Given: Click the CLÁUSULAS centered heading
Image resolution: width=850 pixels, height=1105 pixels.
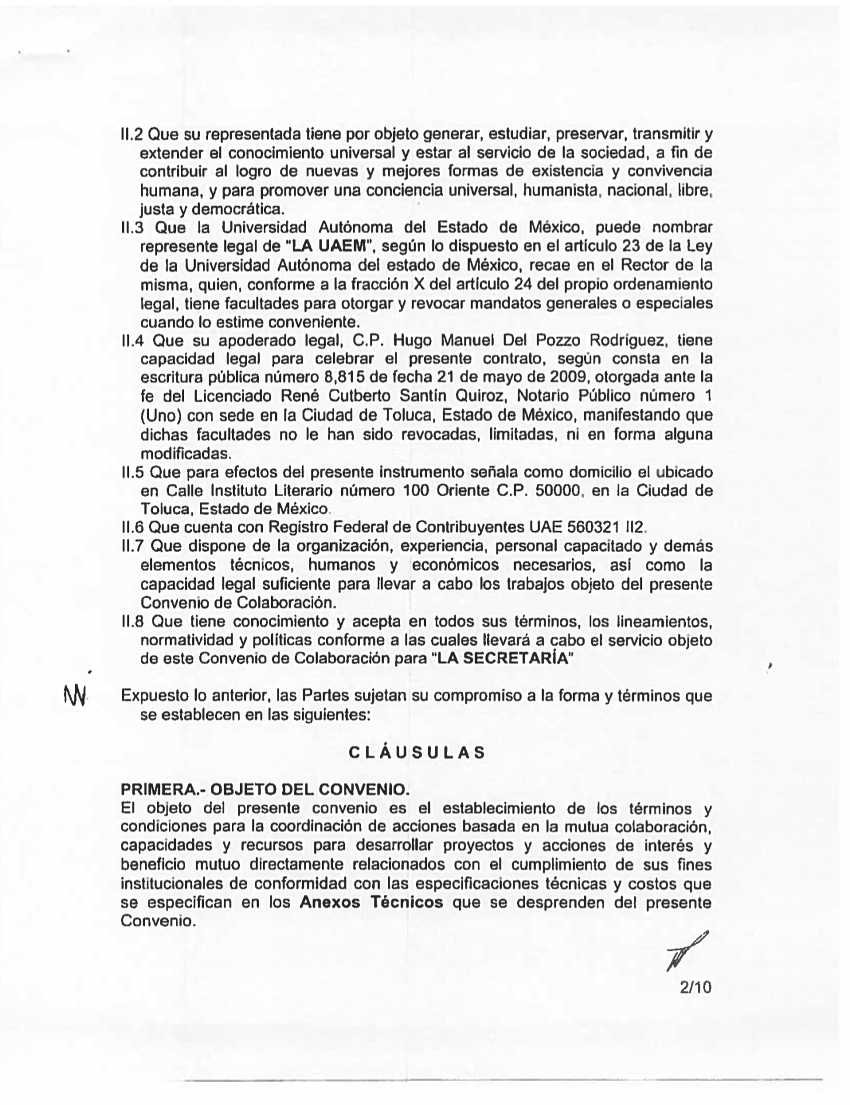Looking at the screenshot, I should coord(417,752).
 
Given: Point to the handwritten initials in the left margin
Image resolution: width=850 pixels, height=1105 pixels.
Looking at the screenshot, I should coord(75,695).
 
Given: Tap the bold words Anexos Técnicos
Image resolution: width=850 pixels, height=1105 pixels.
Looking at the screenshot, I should coord(371,902).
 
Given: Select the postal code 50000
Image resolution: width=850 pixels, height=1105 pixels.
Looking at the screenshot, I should coord(553,490).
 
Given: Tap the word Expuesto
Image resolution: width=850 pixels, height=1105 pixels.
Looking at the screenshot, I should coord(153,696).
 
